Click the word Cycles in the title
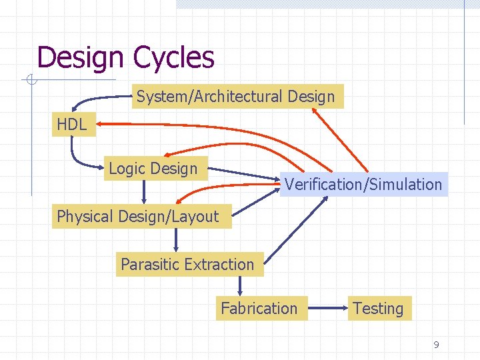tap(173, 57)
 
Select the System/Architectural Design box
tap(236, 97)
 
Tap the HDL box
tap(72, 125)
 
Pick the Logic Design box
tap(153, 169)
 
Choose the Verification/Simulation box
tap(363, 184)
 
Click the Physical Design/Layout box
tap(138, 216)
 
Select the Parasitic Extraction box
tap(187, 264)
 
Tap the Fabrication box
tap(259, 309)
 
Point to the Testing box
tap(378, 309)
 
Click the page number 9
tap(436, 345)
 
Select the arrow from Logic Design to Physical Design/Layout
tap(144, 191)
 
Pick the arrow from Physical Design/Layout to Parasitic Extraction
tap(176, 239)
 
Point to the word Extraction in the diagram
tap(220, 264)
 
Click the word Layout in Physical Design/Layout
tap(197, 216)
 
